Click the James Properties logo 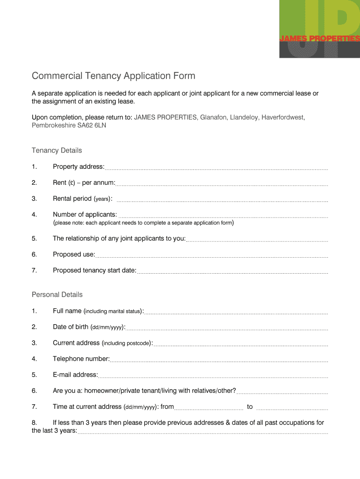pyautogui.click(x=319, y=29)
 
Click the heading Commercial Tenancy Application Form pyautogui.click(x=113, y=76)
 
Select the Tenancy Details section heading pyautogui.click(x=57, y=150)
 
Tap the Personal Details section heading pyautogui.click(x=57, y=294)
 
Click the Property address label pyautogui.click(x=79, y=167)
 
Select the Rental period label pyautogui.click(x=82, y=198)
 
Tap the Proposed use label pyautogui.click(x=74, y=254)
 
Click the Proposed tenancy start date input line pyautogui.click(x=232, y=272)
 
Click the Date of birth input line pyautogui.click(x=226, y=329)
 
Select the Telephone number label pyautogui.click(x=81, y=359)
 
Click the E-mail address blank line pyautogui.click(x=213, y=377)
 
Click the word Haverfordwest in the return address pyautogui.click(x=283, y=117)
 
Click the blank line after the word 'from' pyautogui.click(x=209, y=408)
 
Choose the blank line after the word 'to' pyautogui.click(x=292, y=408)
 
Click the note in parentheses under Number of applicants pyautogui.click(x=143, y=223)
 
